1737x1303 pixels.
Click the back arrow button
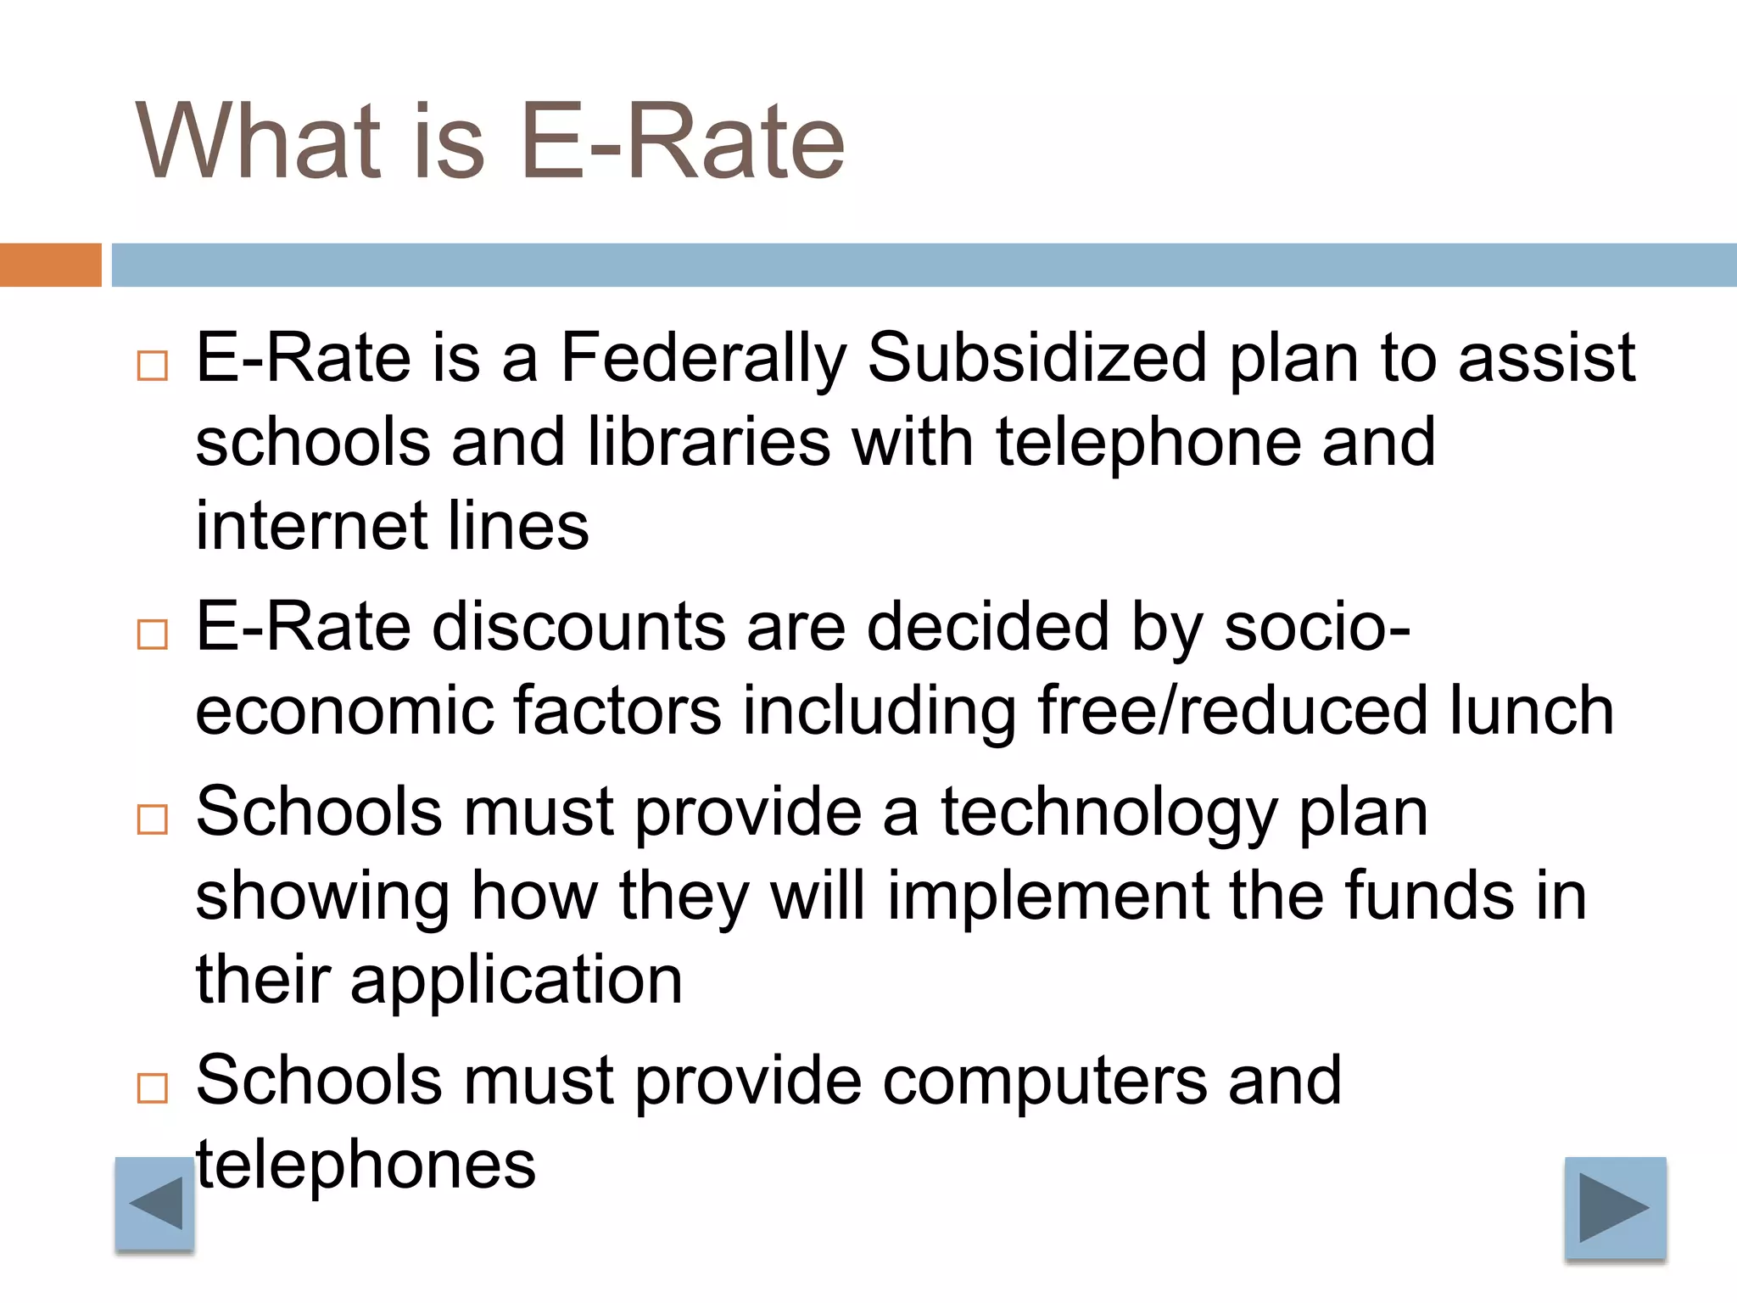click(x=155, y=1203)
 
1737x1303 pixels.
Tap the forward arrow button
click(x=1615, y=1207)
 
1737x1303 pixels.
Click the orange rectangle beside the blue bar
click(x=50, y=265)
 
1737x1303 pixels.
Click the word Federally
click(x=703, y=359)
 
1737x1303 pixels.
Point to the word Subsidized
click(x=1037, y=359)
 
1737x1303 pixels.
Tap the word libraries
click(x=709, y=442)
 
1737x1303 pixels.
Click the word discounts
click(x=578, y=627)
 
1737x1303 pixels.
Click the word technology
click(x=1109, y=813)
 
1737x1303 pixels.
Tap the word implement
click(x=1047, y=896)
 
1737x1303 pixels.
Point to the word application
click(x=517, y=980)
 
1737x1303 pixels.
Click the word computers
click(x=1045, y=1081)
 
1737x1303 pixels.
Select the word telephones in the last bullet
click(x=366, y=1165)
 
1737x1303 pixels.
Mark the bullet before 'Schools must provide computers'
click(x=153, y=1088)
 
